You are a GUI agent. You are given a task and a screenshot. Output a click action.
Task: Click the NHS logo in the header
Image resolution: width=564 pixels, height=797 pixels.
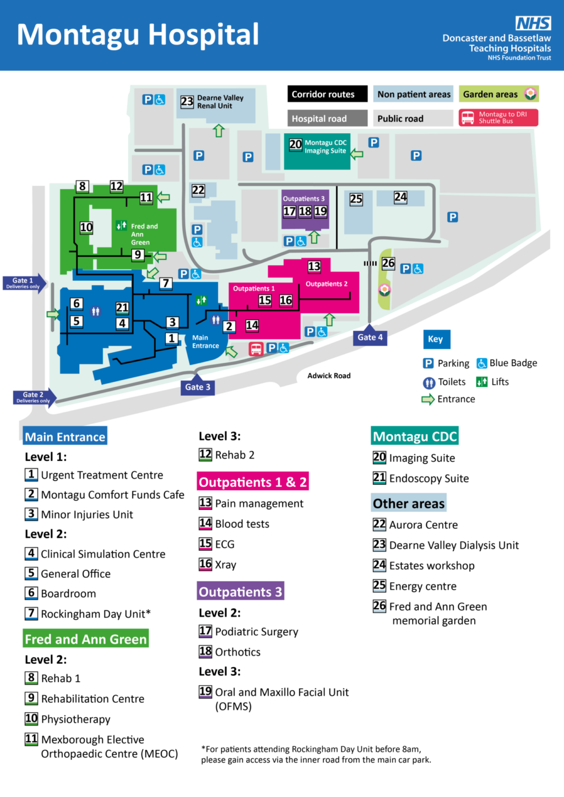pyautogui.click(x=533, y=23)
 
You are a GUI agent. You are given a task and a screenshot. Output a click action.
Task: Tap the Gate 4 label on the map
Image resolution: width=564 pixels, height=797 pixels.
pyautogui.click(x=370, y=337)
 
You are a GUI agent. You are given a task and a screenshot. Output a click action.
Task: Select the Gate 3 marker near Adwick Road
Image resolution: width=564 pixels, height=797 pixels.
pyautogui.click(x=198, y=387)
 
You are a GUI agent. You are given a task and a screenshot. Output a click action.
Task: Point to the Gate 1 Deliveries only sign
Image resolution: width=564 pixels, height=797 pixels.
pyautogui.click(x=23, y=283)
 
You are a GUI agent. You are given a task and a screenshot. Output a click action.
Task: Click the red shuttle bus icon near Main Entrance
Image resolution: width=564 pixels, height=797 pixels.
pyautogui.click(x=256, y=349)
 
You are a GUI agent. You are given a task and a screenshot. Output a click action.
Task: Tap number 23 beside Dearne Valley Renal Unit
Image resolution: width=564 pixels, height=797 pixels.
pyautogui.click(x=187, y=101)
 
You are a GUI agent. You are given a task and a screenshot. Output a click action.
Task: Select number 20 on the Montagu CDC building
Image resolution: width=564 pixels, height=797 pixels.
pyautogui.click(x=296, y=144)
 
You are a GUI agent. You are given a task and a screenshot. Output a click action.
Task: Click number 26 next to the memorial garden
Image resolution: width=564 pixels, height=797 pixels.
pyautogui.click(x=388, y=263)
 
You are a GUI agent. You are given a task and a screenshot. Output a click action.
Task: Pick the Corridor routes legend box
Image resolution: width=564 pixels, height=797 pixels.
pyautogui.click(x=327, y=94)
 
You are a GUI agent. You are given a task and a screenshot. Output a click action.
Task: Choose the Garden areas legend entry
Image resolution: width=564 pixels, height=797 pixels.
pyautogui.click(x=499, y=94)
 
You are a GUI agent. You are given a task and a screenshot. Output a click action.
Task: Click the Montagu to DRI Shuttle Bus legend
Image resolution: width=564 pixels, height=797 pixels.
pyautogui.click(x=498, y=118)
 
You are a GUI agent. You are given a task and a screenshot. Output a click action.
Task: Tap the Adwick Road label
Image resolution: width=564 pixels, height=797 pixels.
pyautogui.click(x=329, y=376)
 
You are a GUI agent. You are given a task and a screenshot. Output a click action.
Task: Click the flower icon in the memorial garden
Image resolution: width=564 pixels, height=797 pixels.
pyautogui.click(x=384, y=290)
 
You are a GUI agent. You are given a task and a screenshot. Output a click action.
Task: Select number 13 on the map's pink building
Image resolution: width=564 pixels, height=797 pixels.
pyautogui.click(x=314, y=266)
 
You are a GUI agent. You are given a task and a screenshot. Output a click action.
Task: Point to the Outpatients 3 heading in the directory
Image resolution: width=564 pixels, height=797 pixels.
pyautogui.click(x=241, y=592)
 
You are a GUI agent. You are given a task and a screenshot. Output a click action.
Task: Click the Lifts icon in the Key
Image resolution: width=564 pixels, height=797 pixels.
pyautogui.click(x=482, y=382)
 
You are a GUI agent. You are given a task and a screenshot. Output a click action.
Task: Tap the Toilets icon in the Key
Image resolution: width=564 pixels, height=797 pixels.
pyautogui.click(x=429, y=383)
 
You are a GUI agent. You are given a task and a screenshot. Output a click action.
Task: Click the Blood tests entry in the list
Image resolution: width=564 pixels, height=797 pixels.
pyautogui.click(x=242, y=524)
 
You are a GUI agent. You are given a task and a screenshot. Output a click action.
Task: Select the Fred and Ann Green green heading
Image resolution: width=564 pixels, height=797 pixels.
pyautogui.click(x=86, y=639)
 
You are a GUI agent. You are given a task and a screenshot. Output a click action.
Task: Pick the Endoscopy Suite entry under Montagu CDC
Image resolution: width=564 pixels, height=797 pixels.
pyautogui.click(x=429, y=478)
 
